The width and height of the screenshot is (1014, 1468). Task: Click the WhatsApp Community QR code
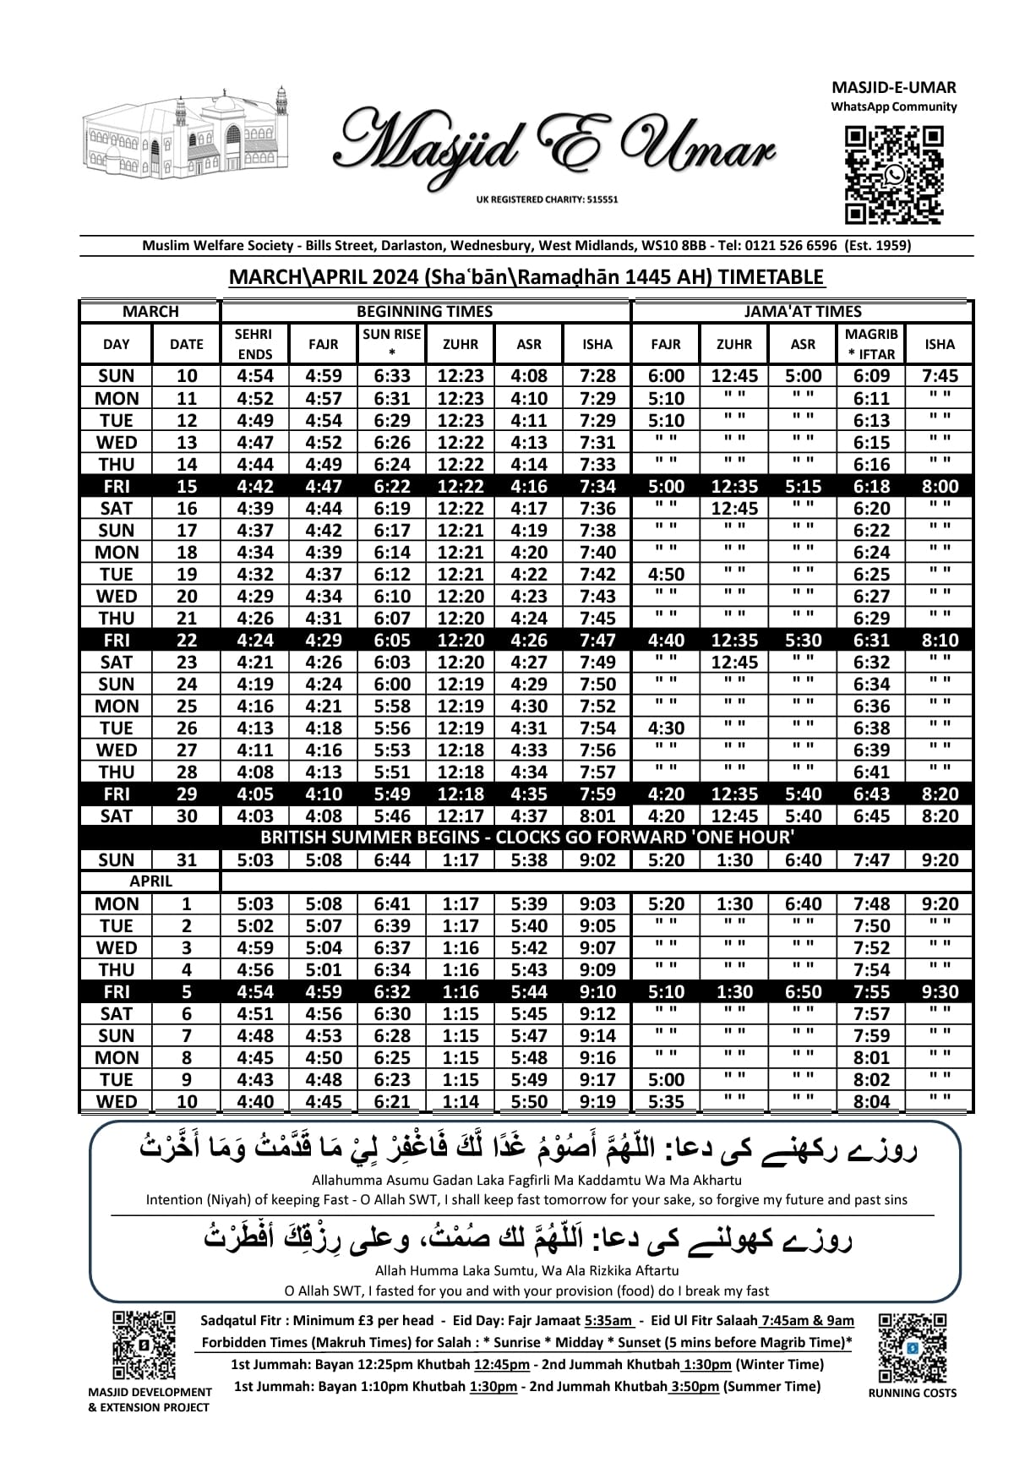(895, 174)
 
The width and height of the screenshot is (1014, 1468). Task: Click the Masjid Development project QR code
(144, 1345)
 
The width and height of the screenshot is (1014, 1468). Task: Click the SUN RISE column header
(391, 344)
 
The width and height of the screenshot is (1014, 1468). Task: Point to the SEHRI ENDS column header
(253, 344)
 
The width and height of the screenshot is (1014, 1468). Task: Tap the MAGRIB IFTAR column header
(871, 344)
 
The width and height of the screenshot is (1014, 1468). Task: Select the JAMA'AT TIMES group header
(802, 311)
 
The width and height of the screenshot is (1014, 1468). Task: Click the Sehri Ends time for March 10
(254, 376)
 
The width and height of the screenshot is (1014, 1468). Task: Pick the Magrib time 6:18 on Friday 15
(871, 486)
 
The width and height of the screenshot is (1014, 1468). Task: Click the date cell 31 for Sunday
(186, 860)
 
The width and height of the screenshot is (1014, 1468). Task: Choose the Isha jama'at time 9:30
(940, 991)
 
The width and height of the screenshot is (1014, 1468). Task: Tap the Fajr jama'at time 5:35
(666, 1101)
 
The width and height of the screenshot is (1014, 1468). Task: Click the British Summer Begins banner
(526, 838)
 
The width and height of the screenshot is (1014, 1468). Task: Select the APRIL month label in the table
(150, 881)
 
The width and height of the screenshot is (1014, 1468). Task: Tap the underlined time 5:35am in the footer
(608, 1321)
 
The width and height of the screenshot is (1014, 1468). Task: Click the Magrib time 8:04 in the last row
(871, 1101)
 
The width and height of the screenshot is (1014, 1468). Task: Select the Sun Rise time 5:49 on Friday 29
(391, 794)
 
